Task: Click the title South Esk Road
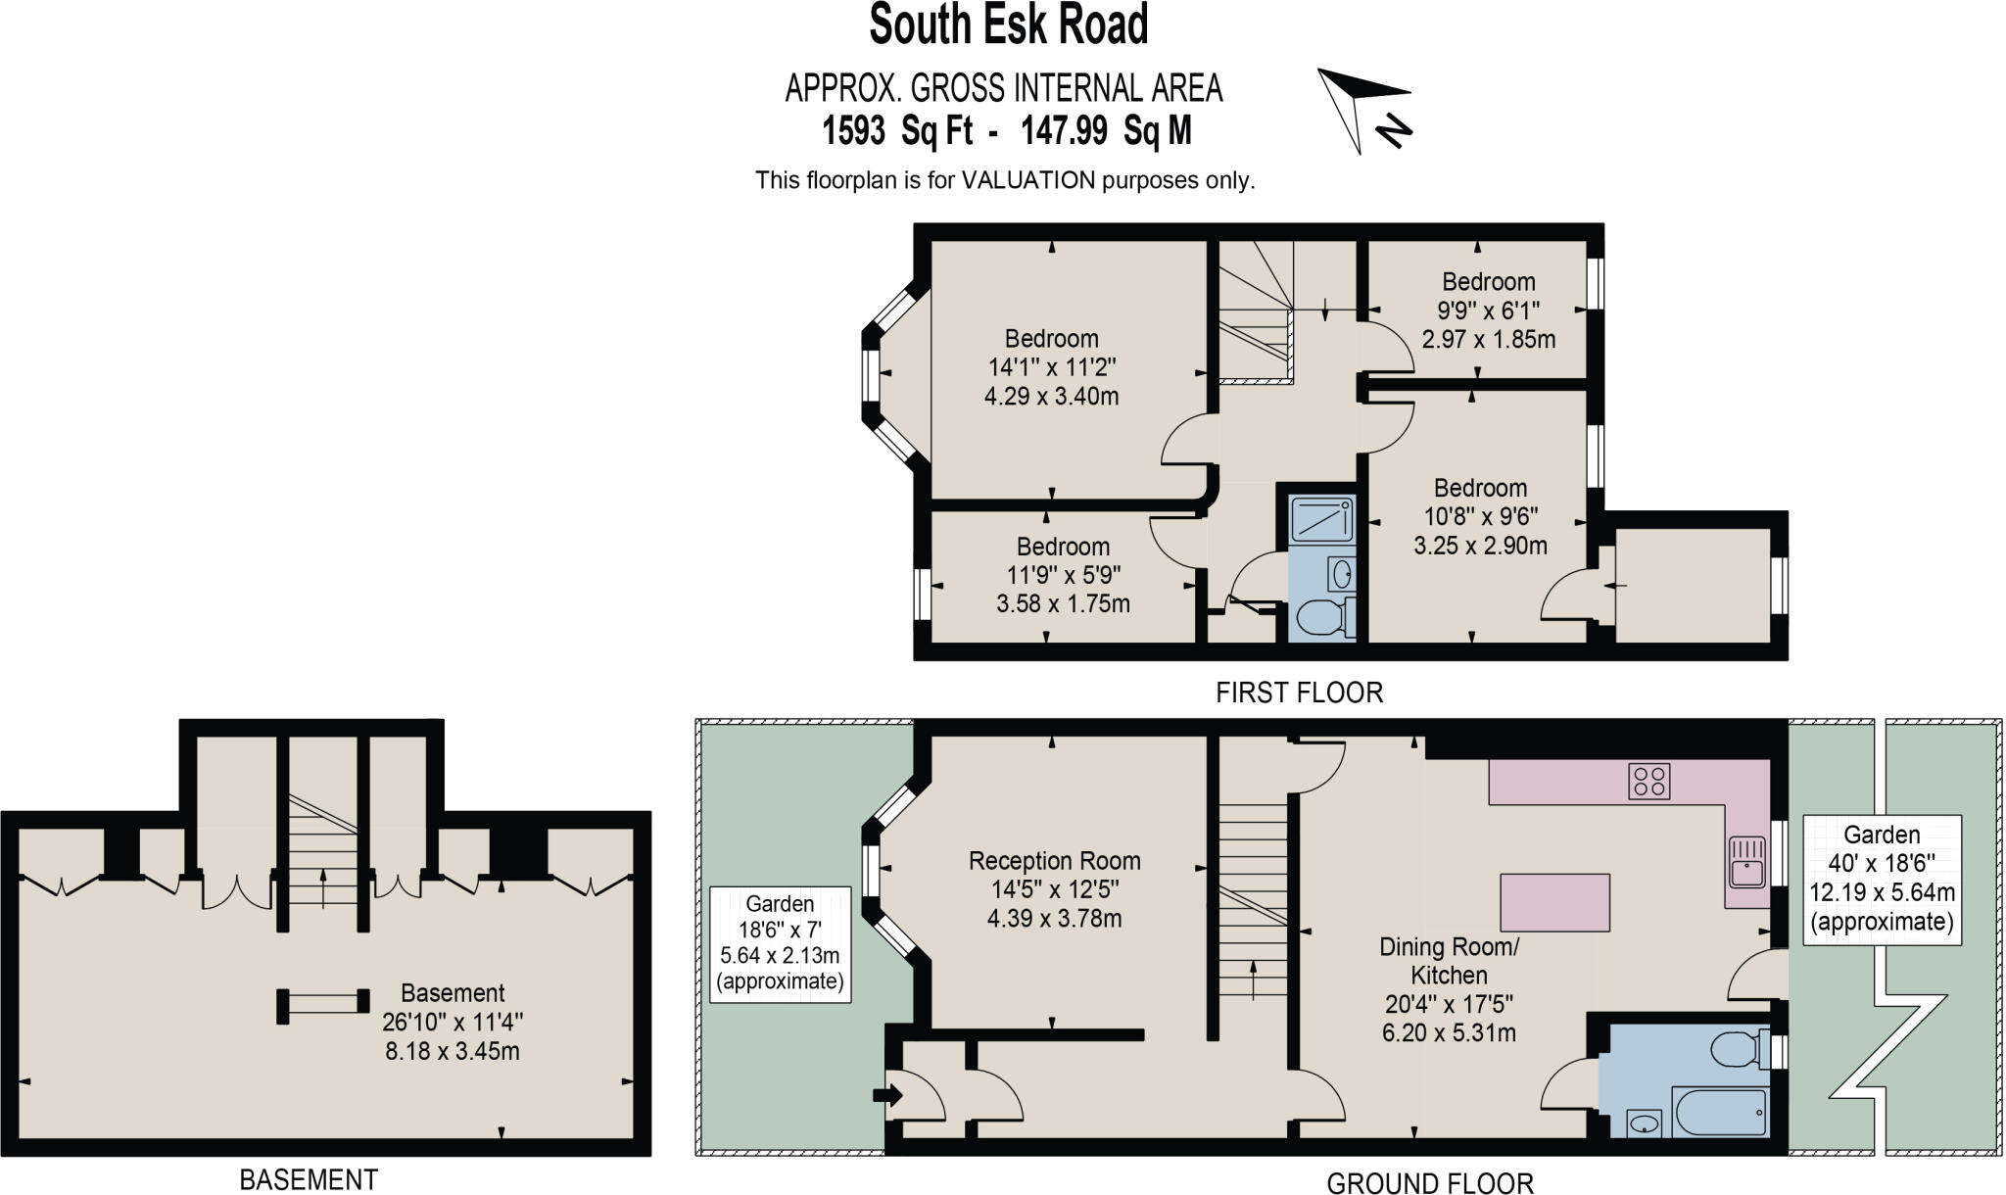[x=1008, y=25]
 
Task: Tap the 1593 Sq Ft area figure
[x=897, y=130]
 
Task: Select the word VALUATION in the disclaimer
[x=1027, y=180]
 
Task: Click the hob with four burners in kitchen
[x=1649, y=782]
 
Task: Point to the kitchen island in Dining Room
[x=1554, y=902]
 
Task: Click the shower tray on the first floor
[x=1321, y=520]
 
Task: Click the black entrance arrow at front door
[x=887, y=1094]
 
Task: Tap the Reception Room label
[x=1054, y=861]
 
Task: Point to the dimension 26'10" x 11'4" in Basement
[x=453, y=1023]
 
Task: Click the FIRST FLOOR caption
[x=1299, y=693]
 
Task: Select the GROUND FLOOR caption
[x=1429, y=1182]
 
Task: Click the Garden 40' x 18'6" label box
[x=1882, y=879]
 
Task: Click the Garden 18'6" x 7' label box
[x=780, y=943]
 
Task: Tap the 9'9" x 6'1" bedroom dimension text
[x=1488, y=311]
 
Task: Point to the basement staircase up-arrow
[x=323, y=888]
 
